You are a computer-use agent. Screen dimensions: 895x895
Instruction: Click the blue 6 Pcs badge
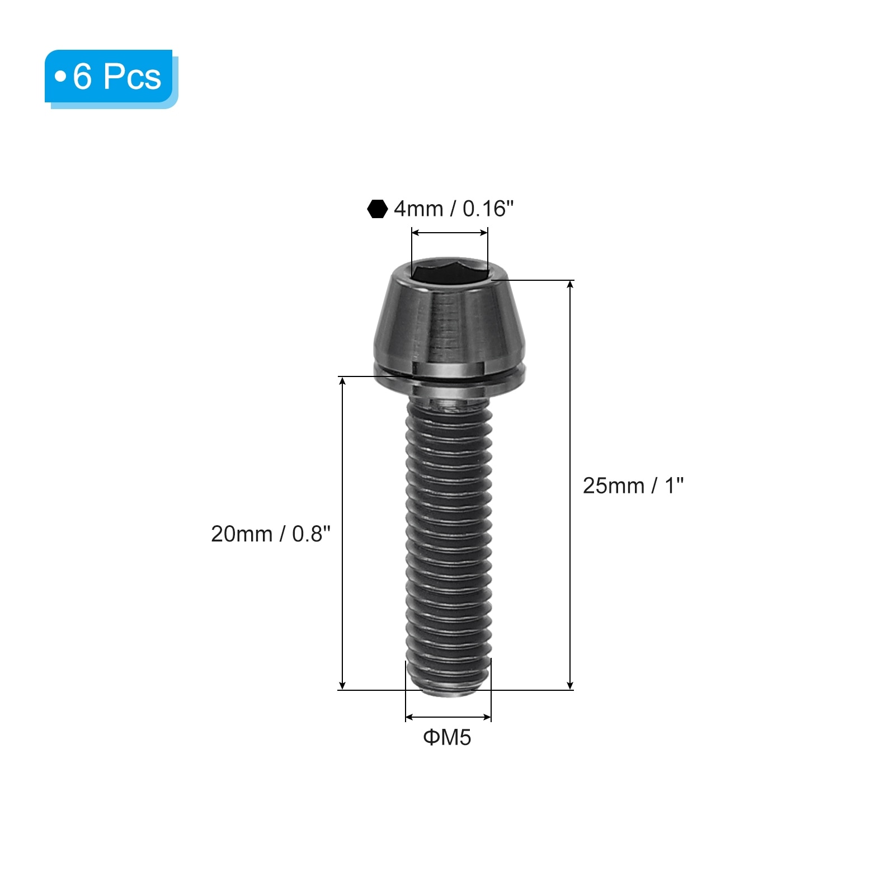coord(111,78)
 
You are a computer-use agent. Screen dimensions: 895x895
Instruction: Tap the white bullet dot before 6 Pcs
coord(60,76)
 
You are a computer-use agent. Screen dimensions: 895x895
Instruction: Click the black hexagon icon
coord(378,209)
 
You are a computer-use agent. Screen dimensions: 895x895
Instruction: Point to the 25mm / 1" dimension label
coord(633,486)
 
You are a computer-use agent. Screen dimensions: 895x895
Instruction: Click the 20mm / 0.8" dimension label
coord(271,534)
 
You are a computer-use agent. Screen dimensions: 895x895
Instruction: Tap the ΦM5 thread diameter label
coord(447,737)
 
